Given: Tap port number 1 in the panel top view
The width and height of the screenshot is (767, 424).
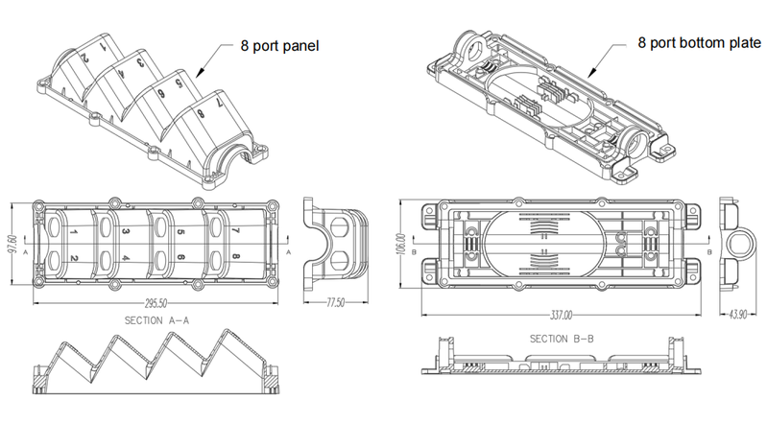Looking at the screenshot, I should point(74,233).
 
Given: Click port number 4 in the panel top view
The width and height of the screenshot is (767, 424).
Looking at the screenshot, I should point(126,259).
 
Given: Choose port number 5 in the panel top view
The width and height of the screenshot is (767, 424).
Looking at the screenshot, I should point(180,233).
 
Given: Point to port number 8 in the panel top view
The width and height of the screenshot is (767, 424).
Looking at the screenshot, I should point(235,259).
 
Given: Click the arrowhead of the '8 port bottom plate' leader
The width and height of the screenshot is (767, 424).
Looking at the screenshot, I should point(587,74).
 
